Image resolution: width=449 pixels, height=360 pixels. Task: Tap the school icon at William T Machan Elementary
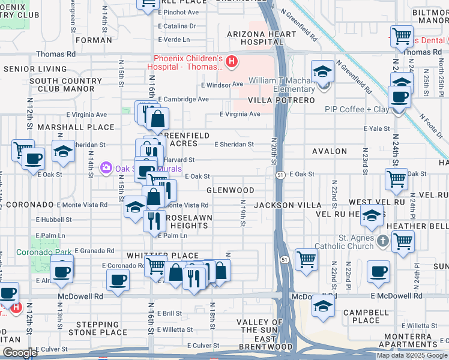click(322, 71)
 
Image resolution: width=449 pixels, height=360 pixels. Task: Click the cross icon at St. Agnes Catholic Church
click(384, 242)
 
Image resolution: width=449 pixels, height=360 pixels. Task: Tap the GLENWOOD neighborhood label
click(230, 190)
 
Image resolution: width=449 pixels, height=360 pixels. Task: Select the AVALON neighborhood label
click(329, 152)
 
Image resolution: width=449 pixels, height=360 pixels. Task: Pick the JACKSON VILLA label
click(288, 205)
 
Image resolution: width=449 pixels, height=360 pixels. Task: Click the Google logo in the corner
click(19, 353)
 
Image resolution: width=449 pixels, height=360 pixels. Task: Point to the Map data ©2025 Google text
click(412, 355)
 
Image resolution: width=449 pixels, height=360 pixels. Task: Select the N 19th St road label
click(243, 214)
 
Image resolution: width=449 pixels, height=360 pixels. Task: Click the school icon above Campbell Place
click(322, 307)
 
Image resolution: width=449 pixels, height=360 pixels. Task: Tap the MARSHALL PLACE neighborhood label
click(76, 127)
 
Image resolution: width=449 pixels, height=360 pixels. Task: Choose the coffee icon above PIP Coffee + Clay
click(399, 96)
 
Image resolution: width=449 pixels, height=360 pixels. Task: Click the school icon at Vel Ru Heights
click(372, 215)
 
